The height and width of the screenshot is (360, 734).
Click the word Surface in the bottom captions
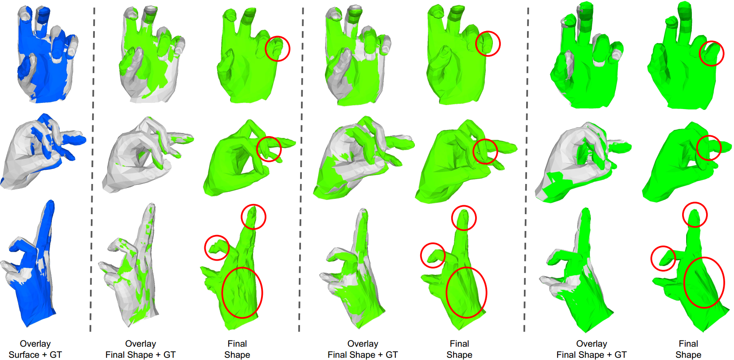[23, 355]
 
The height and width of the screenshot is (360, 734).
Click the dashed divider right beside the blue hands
[92, 169]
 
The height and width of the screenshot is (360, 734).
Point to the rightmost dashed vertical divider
[526, 169]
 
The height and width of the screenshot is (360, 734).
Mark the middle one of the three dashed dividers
[301, 169]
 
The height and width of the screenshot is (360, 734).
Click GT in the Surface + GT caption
[56, 355]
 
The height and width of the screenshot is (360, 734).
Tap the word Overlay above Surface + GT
[35, 344]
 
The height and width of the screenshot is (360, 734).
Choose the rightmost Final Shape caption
[688, 349]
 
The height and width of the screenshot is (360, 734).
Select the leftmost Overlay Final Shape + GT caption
[141, 349]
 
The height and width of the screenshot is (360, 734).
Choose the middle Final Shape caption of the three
[459, 349]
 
